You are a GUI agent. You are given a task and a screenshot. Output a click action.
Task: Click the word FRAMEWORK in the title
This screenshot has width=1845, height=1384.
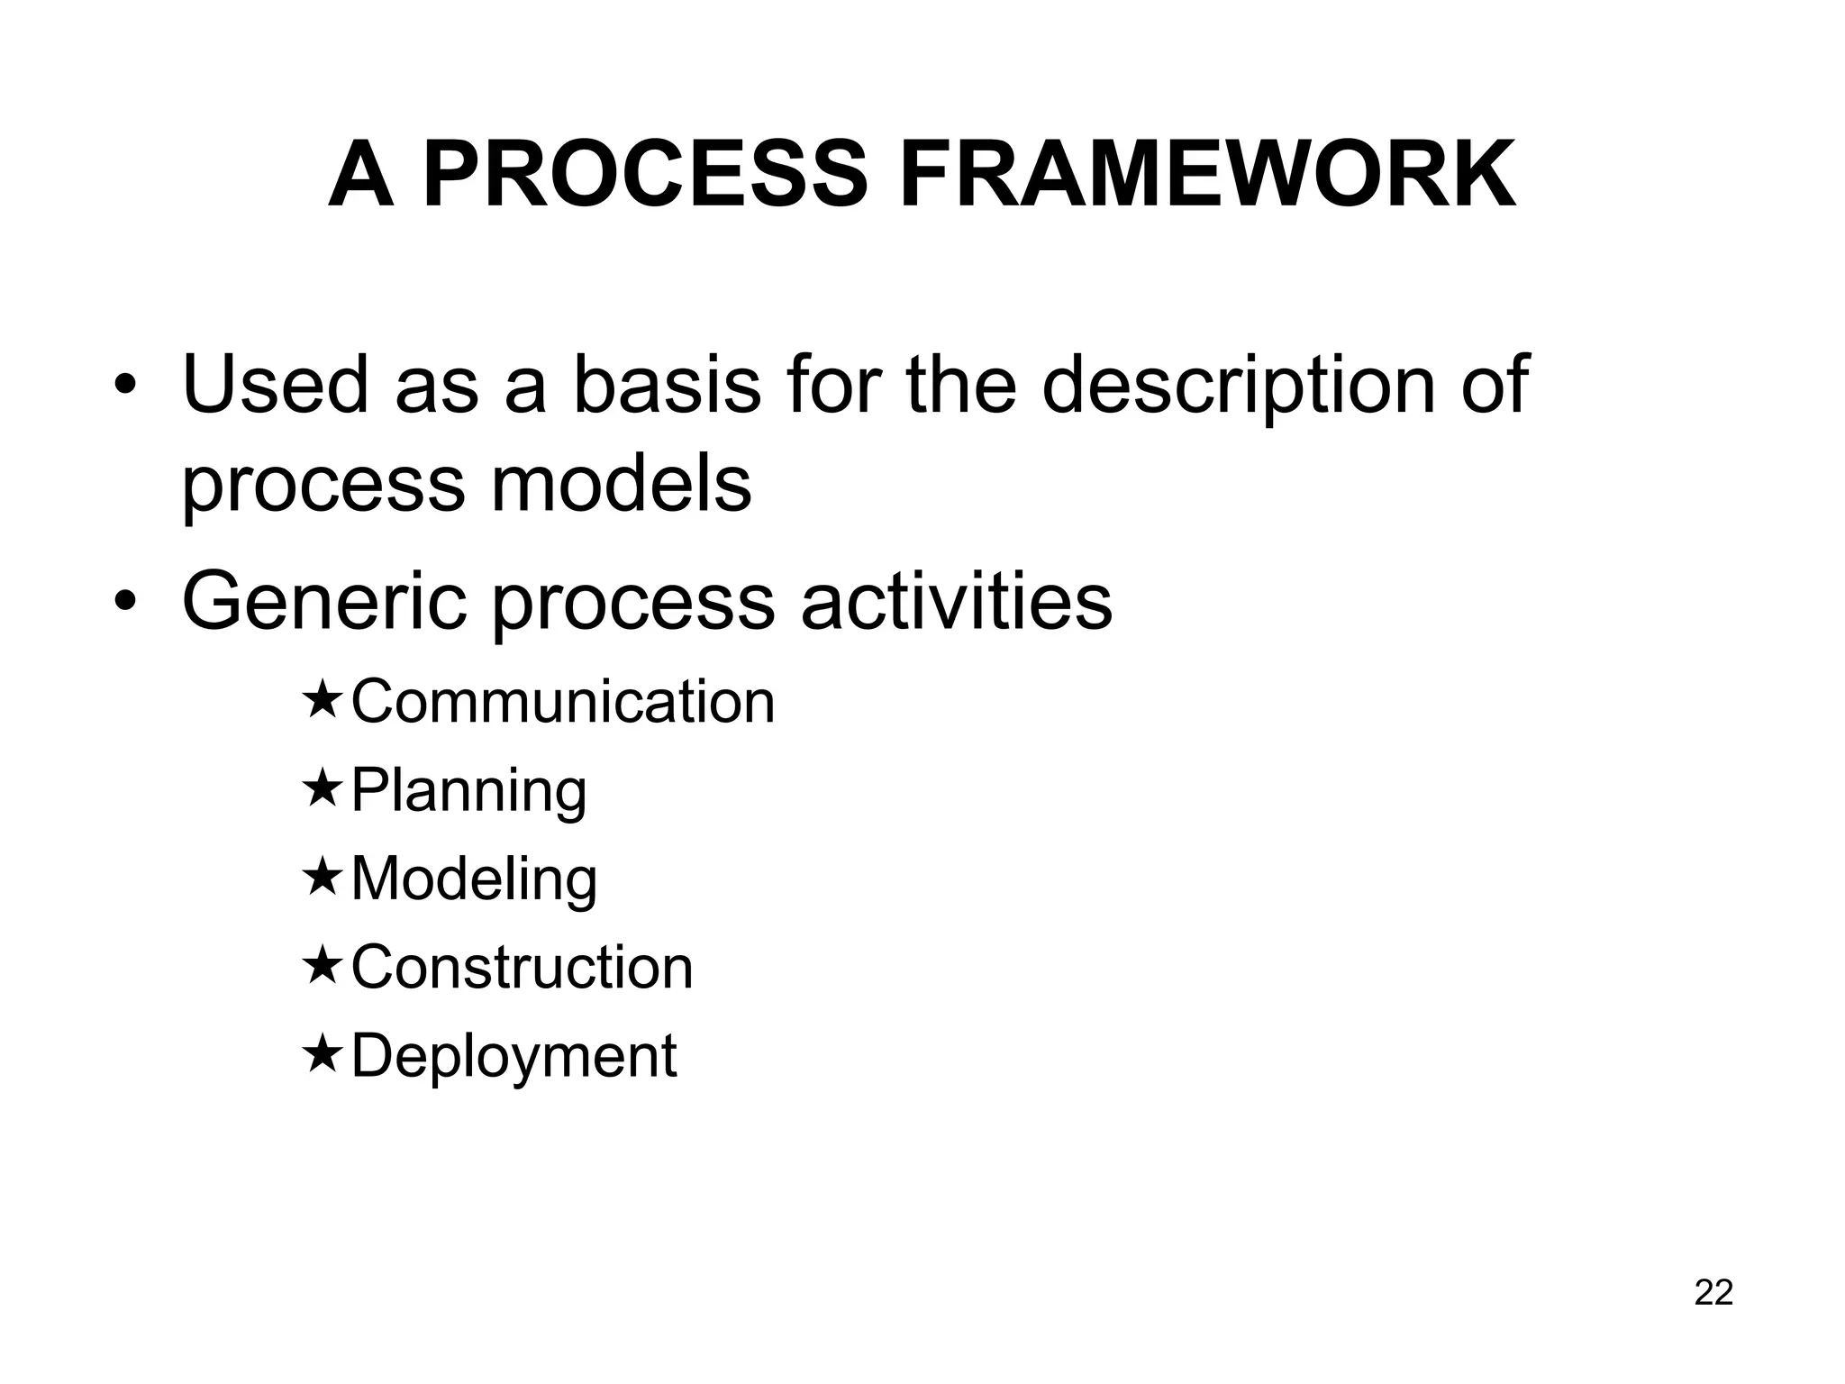pyautogui.click(x=1207, y=176)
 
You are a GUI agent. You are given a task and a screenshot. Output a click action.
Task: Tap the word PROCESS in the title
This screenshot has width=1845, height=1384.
pyautogui.click(x=645, y=176)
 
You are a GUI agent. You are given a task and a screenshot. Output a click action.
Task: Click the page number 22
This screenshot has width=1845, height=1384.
pyautogui.click(x=1713, y=1292)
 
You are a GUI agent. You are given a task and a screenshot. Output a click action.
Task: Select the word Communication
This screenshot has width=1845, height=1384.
pyautogui.click(x=563, y=702)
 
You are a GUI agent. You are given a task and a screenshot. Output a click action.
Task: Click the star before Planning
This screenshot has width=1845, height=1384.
pyautogui.click(x=322, y=790)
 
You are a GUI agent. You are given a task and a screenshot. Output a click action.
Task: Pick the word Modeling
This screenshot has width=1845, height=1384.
pyautogui.click(x=474, y=879)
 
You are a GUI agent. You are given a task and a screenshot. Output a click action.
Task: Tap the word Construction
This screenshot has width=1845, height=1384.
pyautogui.click(x=522, y=968)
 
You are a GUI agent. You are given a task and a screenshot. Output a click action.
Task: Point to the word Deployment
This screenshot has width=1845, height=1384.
pyautogui.click(x=514, y=1056)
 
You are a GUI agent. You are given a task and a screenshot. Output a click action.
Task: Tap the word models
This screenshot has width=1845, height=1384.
pyautogui.click(x=621, y=484)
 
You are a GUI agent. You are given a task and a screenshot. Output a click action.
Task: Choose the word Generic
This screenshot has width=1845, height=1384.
pyautogui.click(x=324, y=602)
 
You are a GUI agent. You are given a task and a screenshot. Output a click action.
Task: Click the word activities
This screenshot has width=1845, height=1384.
pyautogui.click(x=956, y=602)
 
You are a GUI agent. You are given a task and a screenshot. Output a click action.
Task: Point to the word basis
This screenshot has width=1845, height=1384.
pyautogui.click(x=667, y=385)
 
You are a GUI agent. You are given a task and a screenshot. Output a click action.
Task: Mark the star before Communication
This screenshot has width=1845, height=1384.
pyautogui.click(x=322, y=702)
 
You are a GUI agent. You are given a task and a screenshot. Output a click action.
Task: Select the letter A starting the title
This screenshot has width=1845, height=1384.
pyautogui.click(x=361, y=176)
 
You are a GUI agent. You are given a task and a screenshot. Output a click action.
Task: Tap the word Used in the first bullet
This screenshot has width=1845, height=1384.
pyautogui.click(x=276, y=385)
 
